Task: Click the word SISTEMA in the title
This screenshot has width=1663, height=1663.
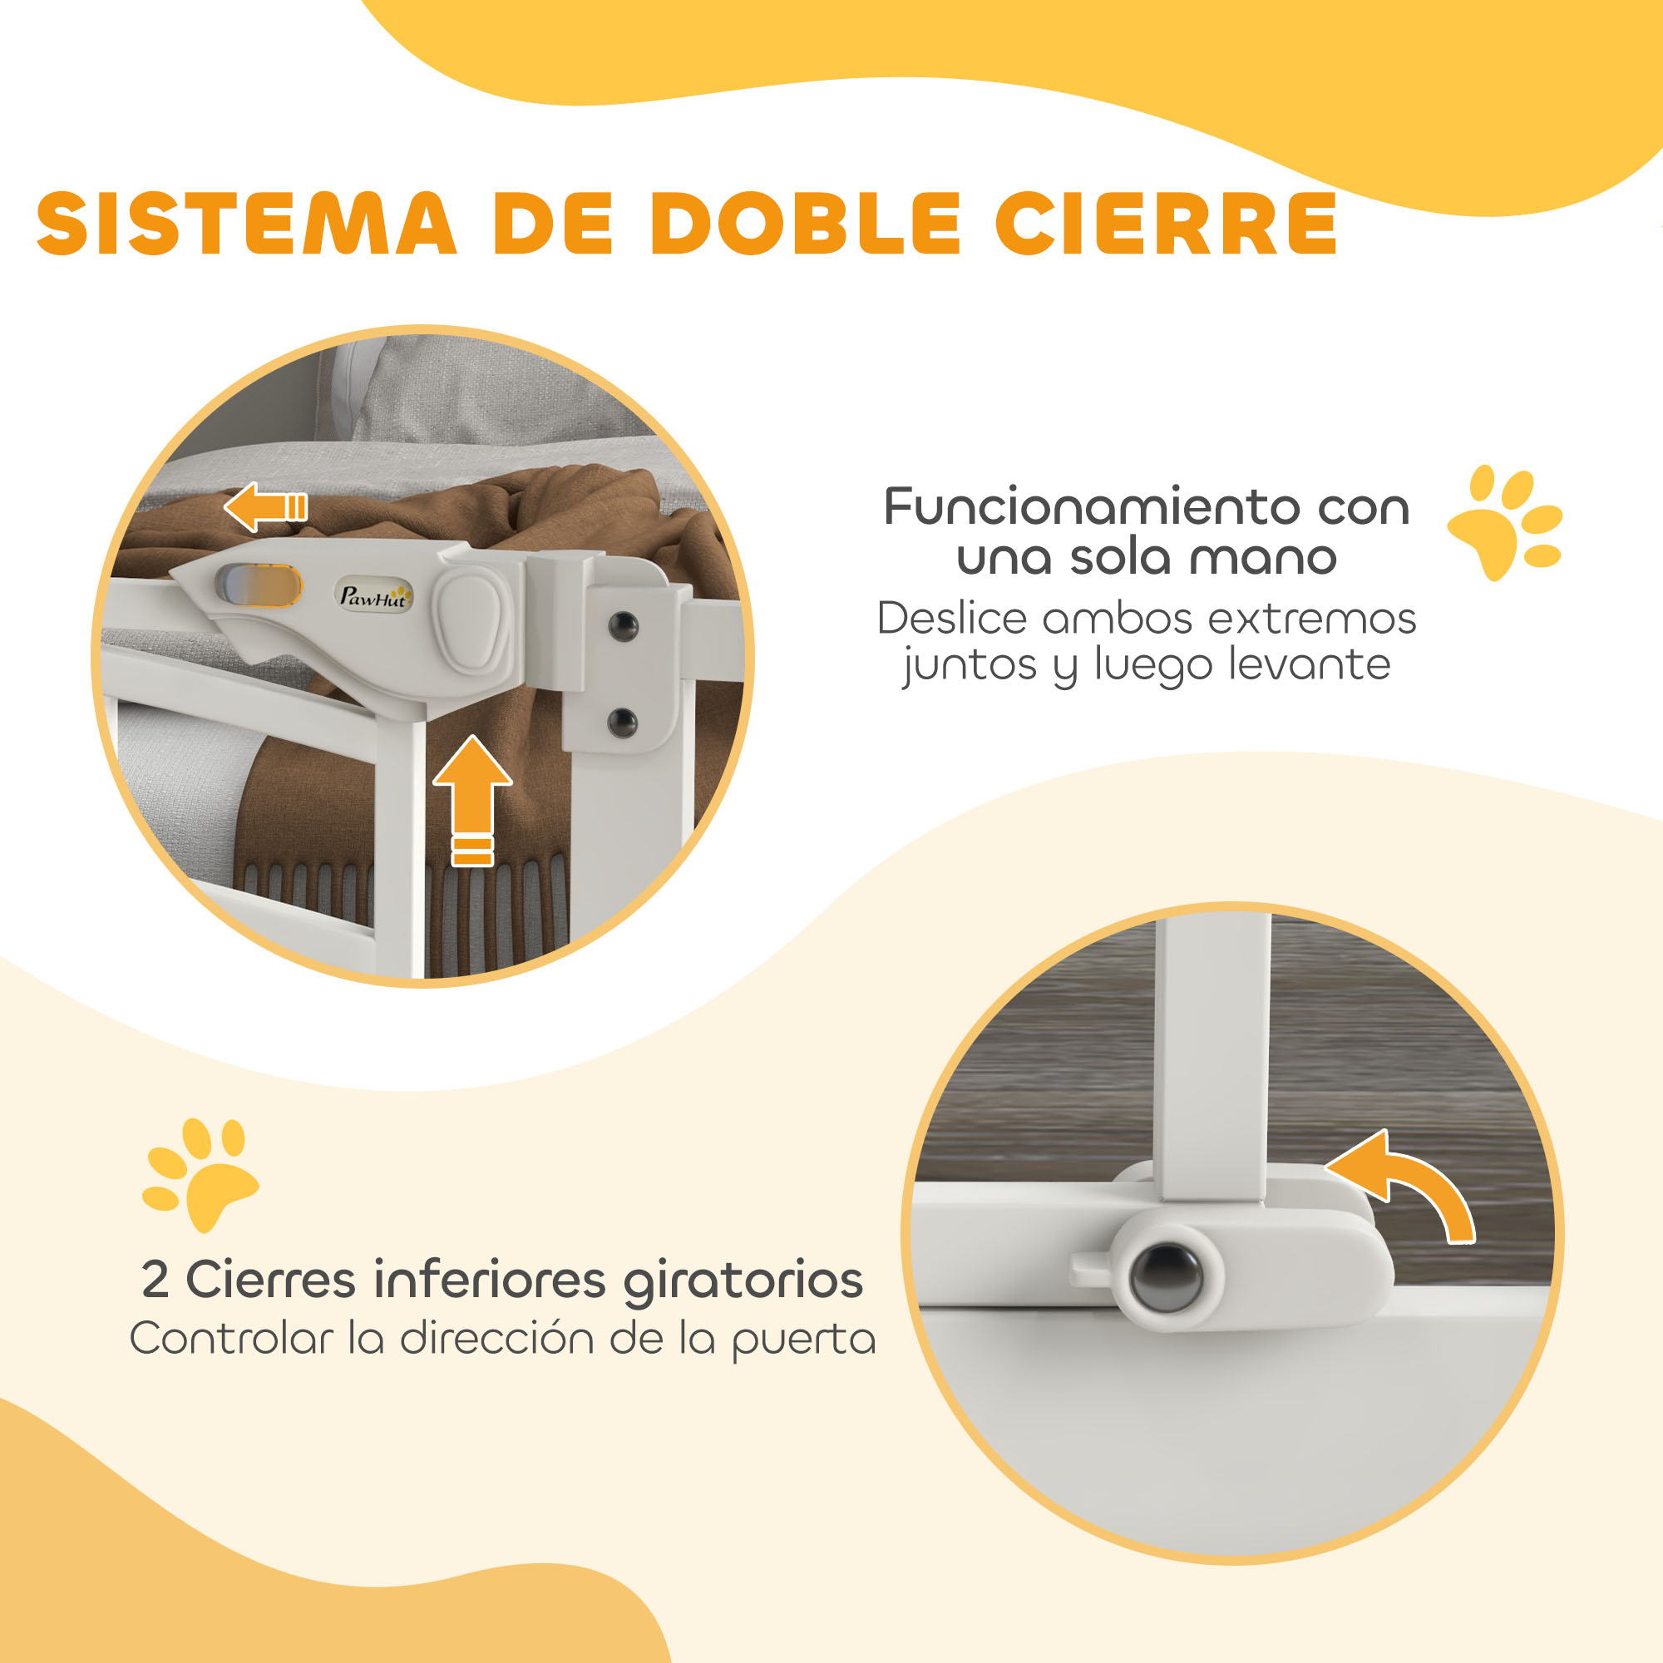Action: (246, 223)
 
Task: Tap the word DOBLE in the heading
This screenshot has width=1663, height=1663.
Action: (806, 223)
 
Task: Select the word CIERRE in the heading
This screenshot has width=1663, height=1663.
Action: (1166, 223)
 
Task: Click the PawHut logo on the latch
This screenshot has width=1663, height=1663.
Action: (373, 595)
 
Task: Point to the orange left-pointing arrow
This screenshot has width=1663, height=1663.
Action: (265, 506)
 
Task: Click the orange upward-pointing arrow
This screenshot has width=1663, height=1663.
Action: (472, 800)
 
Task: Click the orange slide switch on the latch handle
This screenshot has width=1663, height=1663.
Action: (259, 586)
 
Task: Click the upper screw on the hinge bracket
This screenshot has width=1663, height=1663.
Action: (622, 626)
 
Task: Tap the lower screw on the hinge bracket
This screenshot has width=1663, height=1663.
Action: (621, 723)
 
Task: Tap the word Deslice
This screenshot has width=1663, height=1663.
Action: (952, 618)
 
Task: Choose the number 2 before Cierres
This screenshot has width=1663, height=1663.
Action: (155, 1279)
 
